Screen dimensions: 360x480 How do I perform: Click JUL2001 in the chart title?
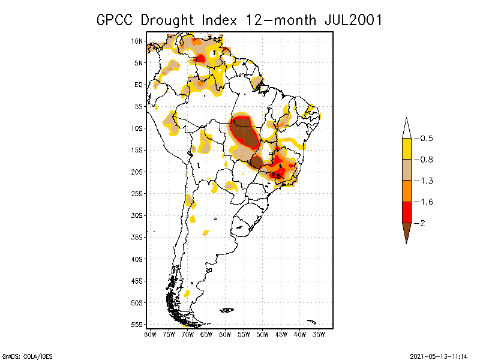point(350,20)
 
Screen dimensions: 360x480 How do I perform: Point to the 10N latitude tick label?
point(137,41)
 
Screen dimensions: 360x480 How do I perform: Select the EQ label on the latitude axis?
point(139,85)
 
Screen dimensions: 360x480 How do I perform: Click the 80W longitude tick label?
point(150,334)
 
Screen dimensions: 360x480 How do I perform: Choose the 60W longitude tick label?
point(225,334)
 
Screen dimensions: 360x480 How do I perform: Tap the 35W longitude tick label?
point(319,334)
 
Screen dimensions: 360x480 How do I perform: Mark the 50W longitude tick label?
point(262,334)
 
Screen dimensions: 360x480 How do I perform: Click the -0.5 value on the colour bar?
point(427,139)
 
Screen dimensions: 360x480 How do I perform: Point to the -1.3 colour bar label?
point(427,181)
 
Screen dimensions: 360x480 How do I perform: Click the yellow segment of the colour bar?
point(406,149)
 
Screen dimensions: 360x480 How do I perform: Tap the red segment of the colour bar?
point(406,212)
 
